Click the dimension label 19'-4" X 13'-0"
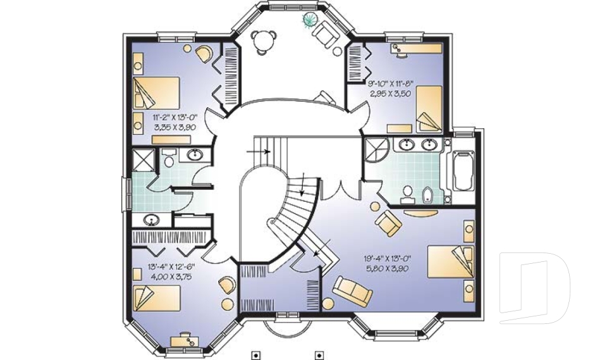pyautogui.click(x=387, y=259)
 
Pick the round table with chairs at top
pyautogui.click(x=264, y=40)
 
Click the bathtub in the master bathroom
pyautogui.click(x=463, y=171)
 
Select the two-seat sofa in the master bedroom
pyautogui.click(x=353, y=289)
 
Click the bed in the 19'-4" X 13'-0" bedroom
pyautogui.click(x=451, y=261)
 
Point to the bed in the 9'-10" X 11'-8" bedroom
pyautogui.click(x=429, y=109)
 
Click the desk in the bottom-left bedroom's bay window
pyautogui.click(x=185, y=340)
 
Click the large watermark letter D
pyautogui.click(x=534, y=287)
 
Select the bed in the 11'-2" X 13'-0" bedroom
pyautogui.click(x=156, y=92)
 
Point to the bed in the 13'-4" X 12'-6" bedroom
pyautogui.click(x=157, y=299)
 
